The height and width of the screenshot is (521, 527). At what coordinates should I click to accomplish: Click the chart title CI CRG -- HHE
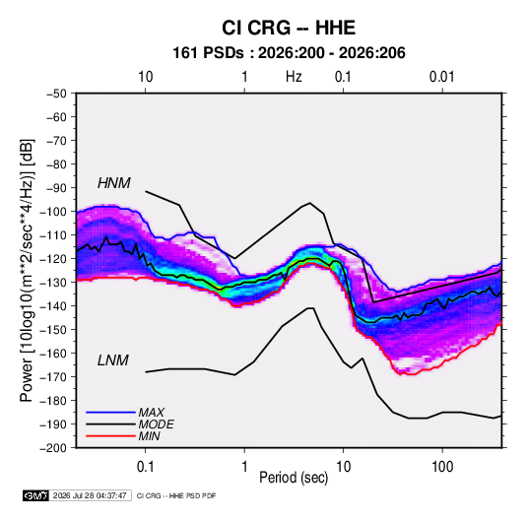click(289, 28)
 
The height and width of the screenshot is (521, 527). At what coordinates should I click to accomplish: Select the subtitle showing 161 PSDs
click(289, 53)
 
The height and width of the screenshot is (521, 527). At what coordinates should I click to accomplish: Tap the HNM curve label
click(114, 183)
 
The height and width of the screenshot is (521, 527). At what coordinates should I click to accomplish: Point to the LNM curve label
click(113, 360)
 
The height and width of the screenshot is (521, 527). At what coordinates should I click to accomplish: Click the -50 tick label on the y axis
click(56, 94)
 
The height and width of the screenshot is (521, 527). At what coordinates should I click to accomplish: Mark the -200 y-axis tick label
click(53, 448)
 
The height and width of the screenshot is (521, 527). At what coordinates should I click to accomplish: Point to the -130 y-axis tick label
click(53, 283)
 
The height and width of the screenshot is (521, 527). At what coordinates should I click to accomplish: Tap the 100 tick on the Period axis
click(442, 467)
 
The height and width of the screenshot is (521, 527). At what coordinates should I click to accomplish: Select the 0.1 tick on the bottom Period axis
click(145, 467)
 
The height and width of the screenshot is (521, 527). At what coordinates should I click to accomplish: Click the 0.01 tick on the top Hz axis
click(441, 77)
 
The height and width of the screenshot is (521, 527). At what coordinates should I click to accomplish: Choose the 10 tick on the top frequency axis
click(146, 77)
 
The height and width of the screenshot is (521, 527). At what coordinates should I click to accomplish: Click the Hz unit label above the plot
click(294, 77)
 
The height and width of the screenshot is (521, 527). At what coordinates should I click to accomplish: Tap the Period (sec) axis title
click(294, 478)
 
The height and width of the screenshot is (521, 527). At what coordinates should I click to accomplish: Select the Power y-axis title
click(28, 270)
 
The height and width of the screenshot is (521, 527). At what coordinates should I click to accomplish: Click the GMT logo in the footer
click(36, 495)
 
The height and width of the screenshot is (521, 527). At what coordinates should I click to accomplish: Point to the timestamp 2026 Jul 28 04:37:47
click(90, 495)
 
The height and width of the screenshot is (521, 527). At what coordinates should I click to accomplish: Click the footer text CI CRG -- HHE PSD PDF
click(176, 495)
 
